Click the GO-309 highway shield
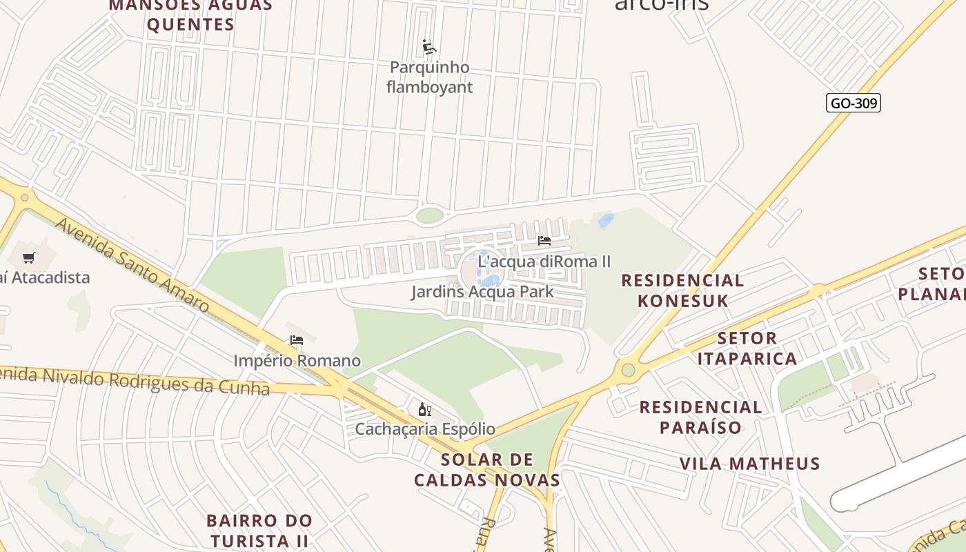[854, 103]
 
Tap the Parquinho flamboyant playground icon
[429, 47]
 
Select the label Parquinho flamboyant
[429, 77]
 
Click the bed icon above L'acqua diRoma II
[544, 241]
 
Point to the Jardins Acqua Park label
[482, 292]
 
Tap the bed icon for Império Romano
[297, 340]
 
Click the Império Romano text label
[297, 361]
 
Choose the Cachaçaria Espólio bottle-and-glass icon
[425, 409]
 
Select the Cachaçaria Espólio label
[425, 428]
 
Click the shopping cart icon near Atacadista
[28, 257]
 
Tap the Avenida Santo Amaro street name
[131, 264]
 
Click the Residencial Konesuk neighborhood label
[682, 290]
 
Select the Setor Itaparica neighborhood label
[747, 348]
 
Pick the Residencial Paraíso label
[700, 417]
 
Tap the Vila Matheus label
[749, 464]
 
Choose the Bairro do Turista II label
[259, 530]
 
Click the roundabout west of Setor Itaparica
[628, 371]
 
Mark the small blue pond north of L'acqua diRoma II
[606, 221]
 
